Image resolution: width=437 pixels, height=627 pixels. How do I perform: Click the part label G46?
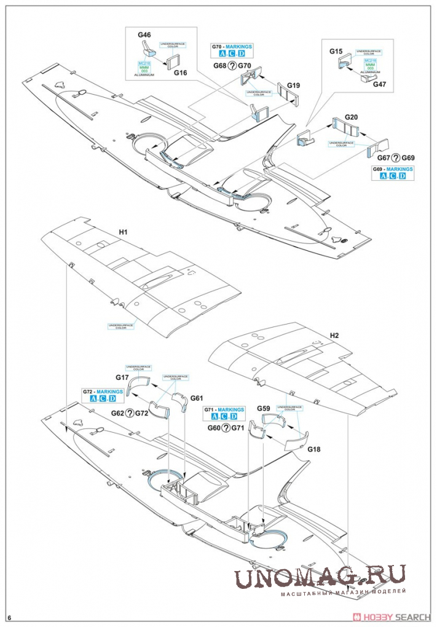[144, 36]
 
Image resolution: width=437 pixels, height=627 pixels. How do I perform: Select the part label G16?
[180, 73]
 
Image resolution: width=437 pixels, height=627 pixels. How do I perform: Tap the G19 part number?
[293, 85]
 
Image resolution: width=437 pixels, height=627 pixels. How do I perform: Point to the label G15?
[336, 51]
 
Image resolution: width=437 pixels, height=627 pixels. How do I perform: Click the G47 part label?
[380, 84]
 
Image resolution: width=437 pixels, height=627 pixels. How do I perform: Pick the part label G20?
[352, 117]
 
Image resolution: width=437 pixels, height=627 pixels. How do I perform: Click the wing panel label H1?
[123, 232]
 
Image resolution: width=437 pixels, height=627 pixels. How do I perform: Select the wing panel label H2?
[334, 336]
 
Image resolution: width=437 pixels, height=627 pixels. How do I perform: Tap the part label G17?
[122, 377]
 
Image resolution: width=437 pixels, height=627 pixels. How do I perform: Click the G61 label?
[197, 397]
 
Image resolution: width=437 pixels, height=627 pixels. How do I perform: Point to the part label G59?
[264, 408]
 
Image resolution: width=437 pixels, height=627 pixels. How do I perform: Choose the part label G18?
[314, 449]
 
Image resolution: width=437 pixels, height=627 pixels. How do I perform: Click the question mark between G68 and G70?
[233, 65]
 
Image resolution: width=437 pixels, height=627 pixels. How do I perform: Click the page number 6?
[10, 617]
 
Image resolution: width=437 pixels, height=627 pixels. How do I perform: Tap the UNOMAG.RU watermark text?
[319, 577]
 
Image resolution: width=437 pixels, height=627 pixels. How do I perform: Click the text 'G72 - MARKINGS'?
[103, 392]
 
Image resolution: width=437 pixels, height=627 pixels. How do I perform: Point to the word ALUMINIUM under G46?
[144, 74]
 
